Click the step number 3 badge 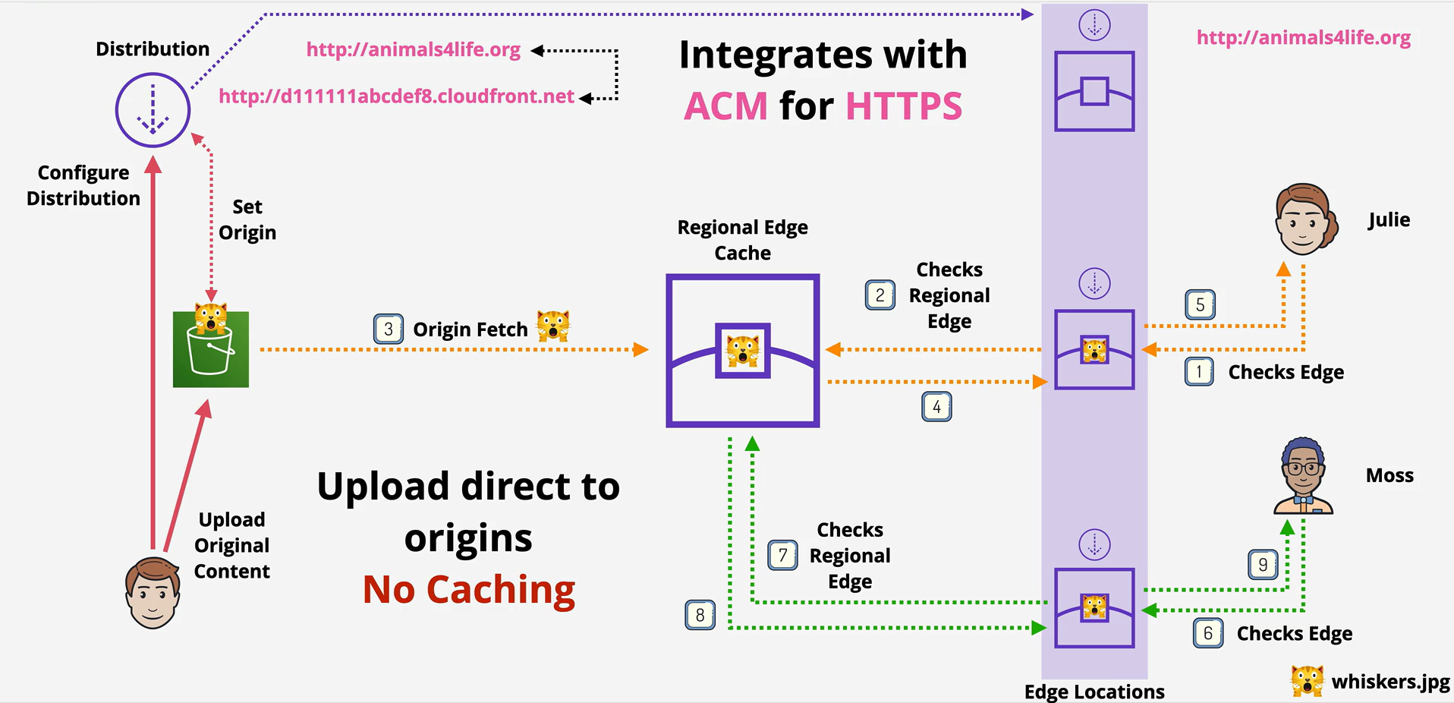pos(388,329)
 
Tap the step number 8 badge pos(700,615)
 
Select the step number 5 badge pos(1200,305)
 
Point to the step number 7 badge pos(782,556)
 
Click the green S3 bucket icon pos(211,349)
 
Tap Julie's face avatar pos(1305,219)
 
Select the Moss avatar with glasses pos(1303,476)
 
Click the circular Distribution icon pos(153,110)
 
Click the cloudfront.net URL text pos(396,96)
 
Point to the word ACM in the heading pos(725,106)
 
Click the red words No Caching pos(469,590)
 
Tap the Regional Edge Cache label pos(743,240)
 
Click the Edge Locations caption pos(1094,692)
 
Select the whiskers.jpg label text pos(1390,682)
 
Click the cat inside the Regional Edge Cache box pos(742,351)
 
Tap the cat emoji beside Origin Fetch pos(553,326)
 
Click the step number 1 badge pos(1199,372)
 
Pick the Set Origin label pos(247,219)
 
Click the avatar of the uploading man pos(153,593)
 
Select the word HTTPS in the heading pos(904,106)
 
